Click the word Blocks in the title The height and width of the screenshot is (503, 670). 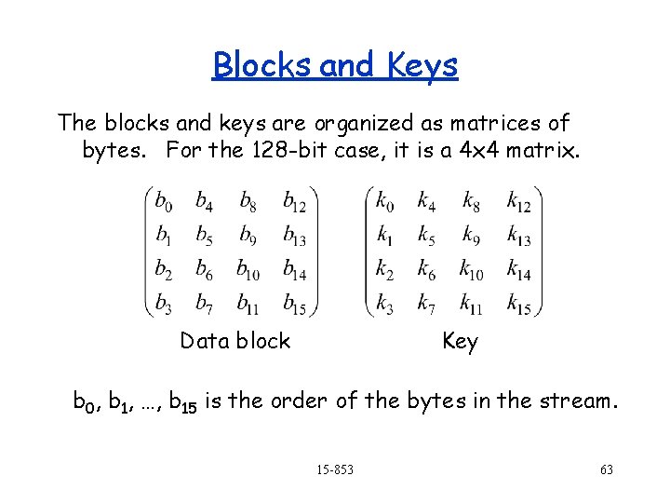tap(263, 66)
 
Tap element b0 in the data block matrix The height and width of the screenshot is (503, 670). tap(163, 200)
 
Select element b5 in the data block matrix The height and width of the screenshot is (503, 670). tap(204, 235)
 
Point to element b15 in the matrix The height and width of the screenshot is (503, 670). tap(295, 304)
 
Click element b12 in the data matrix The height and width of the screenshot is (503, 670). tap(295, 200)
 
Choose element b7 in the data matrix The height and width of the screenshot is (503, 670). tap(204, 304)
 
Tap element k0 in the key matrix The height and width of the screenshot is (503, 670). tap(384, 200)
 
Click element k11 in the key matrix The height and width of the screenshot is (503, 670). tap(472, 304)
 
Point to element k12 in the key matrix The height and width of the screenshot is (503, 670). tap(518, 200)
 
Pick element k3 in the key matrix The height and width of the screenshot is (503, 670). tap(384, 304)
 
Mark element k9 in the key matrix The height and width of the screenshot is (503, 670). tap(471, 235)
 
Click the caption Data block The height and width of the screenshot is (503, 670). tap(235, 341)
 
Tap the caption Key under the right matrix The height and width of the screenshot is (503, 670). tap(460, 342)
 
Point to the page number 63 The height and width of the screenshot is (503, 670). tap(606, 470)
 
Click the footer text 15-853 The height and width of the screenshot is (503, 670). tap(334, 470)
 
